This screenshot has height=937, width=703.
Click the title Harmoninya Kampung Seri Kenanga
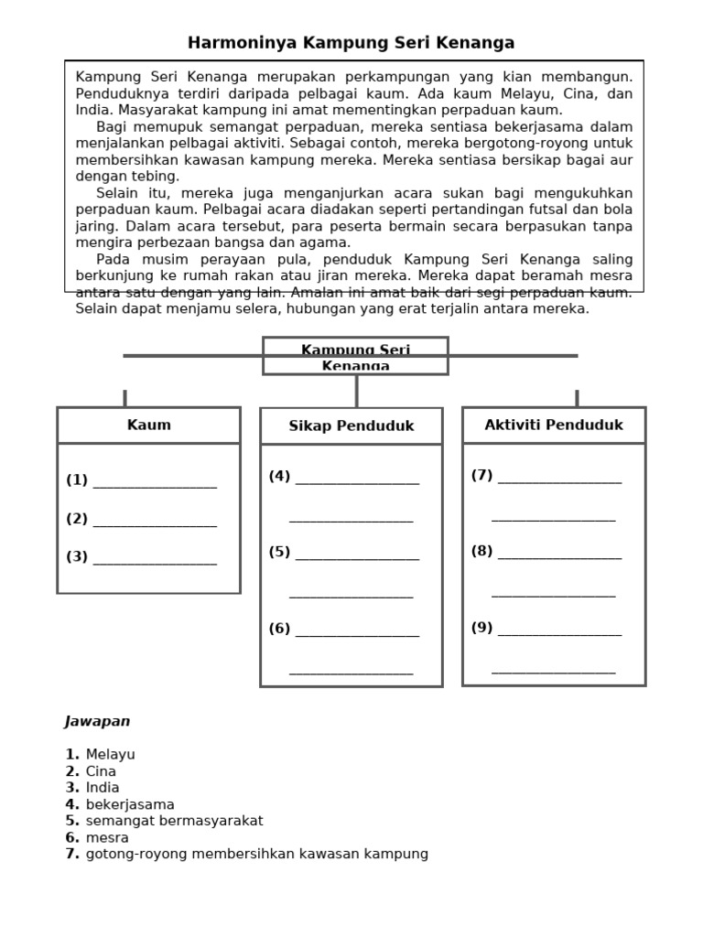351,43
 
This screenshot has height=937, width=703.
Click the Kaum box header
148,425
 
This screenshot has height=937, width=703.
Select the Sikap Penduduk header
351,426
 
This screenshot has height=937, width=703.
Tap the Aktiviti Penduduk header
553,425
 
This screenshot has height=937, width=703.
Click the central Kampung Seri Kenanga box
355,357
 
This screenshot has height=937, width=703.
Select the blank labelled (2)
155,522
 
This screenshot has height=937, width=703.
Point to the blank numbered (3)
155,559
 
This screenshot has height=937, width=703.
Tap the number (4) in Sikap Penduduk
279,476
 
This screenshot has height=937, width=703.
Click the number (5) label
279,552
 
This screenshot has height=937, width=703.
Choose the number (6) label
279,629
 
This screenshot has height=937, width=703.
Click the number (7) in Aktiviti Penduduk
481,475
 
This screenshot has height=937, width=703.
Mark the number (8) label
481,551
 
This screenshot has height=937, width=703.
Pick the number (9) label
481,628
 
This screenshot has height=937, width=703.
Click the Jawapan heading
97,721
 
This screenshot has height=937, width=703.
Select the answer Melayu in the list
110,755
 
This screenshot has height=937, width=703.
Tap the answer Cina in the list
101,771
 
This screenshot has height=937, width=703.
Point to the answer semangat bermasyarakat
174,821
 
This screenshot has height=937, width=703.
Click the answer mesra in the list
107,837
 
